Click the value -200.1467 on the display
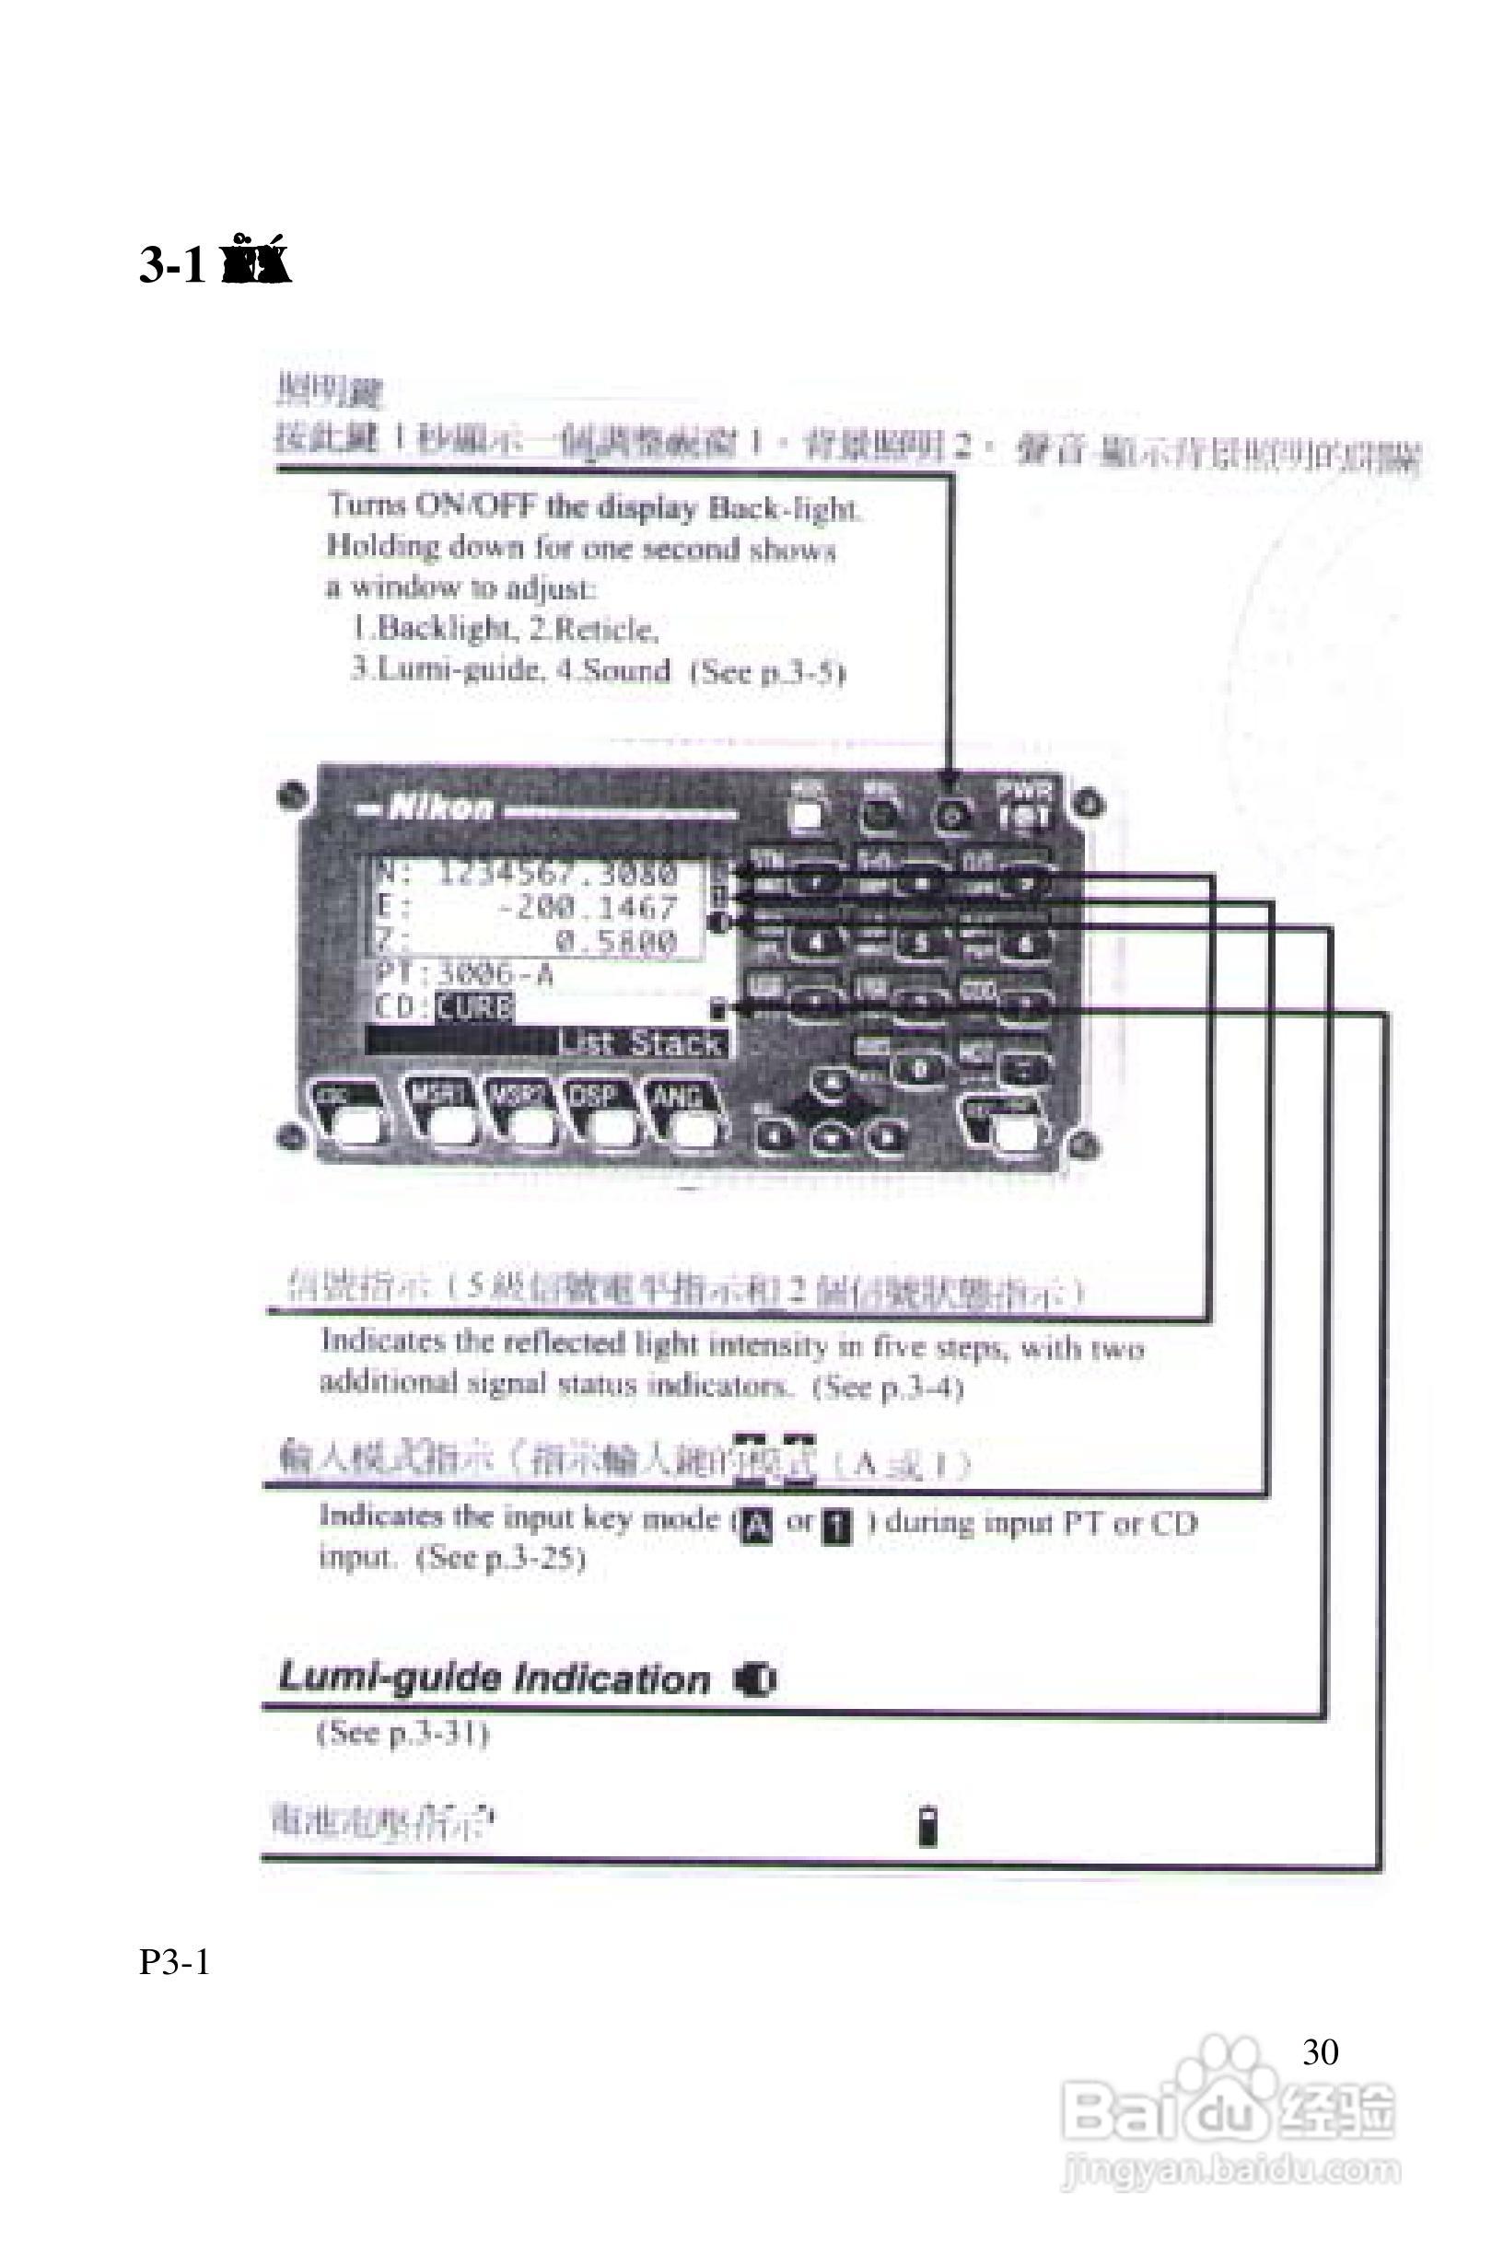pyautogui.click(x=587, y=907)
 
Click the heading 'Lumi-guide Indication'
pyautogui.click(x=494, y=1679)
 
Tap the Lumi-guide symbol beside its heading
pyautogui.click(x=756, y=1680)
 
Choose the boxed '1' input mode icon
pyautogui.click(x=836, y=1526)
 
